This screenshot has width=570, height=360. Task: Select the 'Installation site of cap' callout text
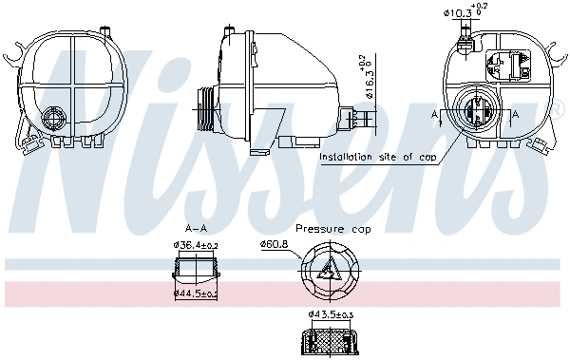click(378, 157)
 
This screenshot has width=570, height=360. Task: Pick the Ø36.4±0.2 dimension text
click(196, 246)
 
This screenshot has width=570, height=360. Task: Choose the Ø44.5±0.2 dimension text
click(196, 294)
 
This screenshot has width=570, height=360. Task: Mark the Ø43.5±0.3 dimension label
click(331, 314)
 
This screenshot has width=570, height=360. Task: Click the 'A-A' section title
click(197, 229)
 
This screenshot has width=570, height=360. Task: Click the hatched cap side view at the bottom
click(330, 339)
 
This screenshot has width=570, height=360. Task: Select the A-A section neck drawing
click(196, 270)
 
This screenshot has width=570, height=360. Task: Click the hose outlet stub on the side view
click(358, 120)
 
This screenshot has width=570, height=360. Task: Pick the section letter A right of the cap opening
click(515, 113)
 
